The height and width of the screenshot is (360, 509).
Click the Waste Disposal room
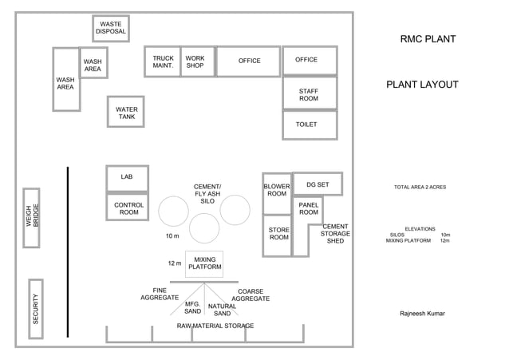click(x=111, y=29)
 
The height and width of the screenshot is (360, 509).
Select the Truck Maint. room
click(x=163, y=61)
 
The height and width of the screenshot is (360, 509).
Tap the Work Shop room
click(x=195, y=61)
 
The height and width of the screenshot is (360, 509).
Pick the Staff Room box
click(x=309, y=93)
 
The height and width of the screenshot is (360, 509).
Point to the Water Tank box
click(x=126, y=112)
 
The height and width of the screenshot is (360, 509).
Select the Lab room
click(x=127, y=178)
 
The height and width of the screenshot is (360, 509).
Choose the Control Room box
click(x=128, y=208)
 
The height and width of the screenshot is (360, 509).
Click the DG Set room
click(x=318, y=184)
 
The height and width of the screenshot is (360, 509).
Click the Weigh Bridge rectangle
click(x=31, y=218)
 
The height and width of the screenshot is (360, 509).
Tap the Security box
click(x=36, y=308)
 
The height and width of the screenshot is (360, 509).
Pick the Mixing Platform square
click(x=204, y=263)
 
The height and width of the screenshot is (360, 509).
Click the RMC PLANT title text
click(x=428, y=38)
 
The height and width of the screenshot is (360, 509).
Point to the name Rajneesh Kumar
click(x=422, y=314)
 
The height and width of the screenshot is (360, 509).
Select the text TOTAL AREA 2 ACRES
click(x=420, y=187)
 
